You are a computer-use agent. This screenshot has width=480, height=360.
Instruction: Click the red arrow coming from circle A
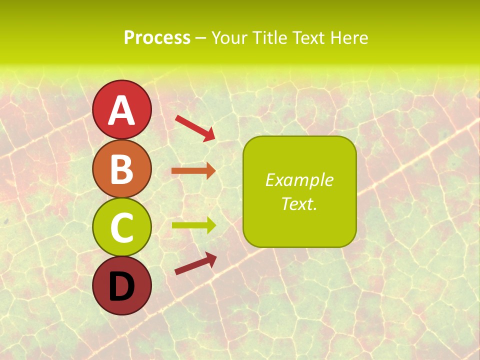click(x=195, y=127)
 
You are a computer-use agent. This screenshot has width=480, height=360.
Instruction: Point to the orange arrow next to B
click(x=193, y=171)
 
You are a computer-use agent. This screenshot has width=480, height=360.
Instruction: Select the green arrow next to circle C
click(x=193, y=225)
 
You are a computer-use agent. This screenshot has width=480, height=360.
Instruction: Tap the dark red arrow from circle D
click(x=195, y=264)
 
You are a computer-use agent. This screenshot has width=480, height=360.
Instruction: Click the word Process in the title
click(x=157, y=38)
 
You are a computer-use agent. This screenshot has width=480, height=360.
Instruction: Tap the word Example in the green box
click(x=299, y=180)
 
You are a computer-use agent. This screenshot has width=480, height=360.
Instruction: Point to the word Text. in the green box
click(x=299, y=203)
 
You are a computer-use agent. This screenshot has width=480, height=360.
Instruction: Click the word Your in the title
click(x=230, y=38)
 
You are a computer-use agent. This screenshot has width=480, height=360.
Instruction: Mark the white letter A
click(x=121, y=110)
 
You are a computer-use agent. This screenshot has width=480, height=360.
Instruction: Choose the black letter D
click(x=121, y=287)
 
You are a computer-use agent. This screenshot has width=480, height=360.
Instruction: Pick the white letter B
click(x=121, y=169)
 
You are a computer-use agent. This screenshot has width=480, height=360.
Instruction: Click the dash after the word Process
click(x=200, y=38)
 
